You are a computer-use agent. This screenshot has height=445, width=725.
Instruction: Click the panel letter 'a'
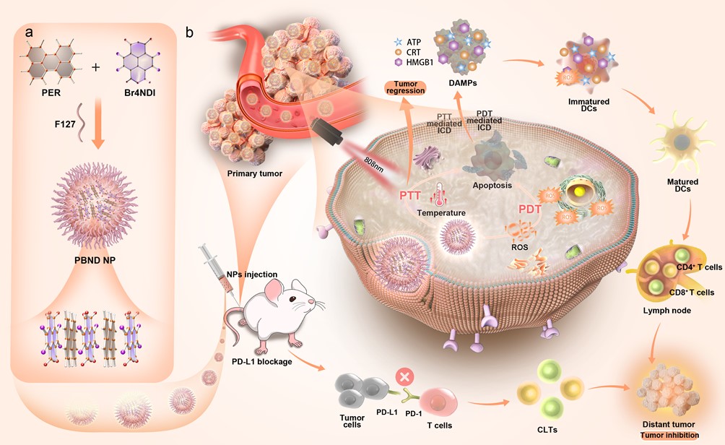click(28, 33)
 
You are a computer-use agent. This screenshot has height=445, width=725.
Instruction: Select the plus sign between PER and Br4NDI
click(95, 67)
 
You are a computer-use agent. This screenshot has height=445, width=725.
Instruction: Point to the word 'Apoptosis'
click(492, 185)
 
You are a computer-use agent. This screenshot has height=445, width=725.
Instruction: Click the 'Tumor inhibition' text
click(668, 435)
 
